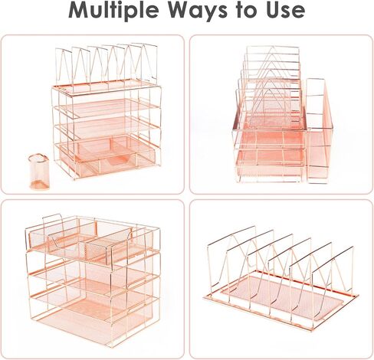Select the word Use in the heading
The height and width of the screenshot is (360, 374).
pos(283,11)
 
